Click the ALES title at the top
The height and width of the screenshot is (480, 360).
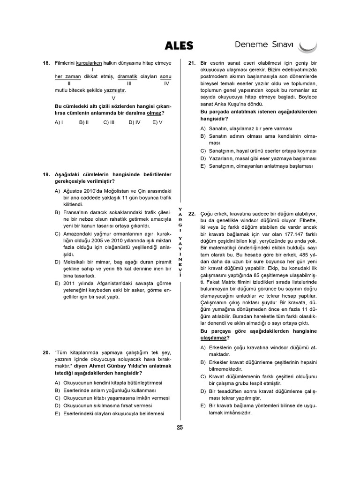179,45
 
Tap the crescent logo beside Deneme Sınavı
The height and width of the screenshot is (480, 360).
307,46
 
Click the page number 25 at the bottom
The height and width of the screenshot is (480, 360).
180,427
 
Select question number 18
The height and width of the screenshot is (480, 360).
46,63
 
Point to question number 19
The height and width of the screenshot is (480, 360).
46,174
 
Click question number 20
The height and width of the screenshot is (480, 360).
46,352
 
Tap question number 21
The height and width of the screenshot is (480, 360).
192,63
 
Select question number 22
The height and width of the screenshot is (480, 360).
192,213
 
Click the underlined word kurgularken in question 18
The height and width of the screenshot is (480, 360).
89,63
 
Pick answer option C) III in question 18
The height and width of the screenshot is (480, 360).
109,122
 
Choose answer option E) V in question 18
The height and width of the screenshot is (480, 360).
157,122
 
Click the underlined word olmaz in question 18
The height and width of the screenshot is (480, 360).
154,113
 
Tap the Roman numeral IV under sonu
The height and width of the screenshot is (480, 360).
166,83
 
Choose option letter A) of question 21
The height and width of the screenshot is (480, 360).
203,128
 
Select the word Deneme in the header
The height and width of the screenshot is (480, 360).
250,45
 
